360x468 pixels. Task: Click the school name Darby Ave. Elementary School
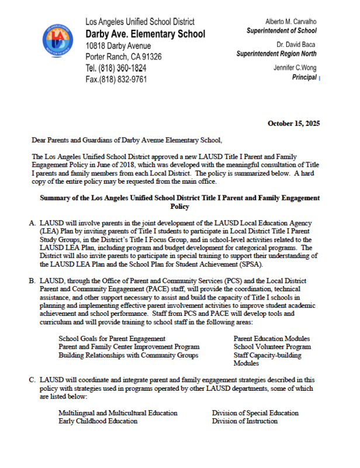coord(145,34)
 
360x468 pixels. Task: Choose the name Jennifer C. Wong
coord(295,68)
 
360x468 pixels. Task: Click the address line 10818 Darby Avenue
coord(117,46)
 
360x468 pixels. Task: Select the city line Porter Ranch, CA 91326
coord(123,57)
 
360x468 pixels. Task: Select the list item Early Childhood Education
coord(98,421)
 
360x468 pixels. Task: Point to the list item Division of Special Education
coord(255,413)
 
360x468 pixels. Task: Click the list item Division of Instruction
coord(245,421)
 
